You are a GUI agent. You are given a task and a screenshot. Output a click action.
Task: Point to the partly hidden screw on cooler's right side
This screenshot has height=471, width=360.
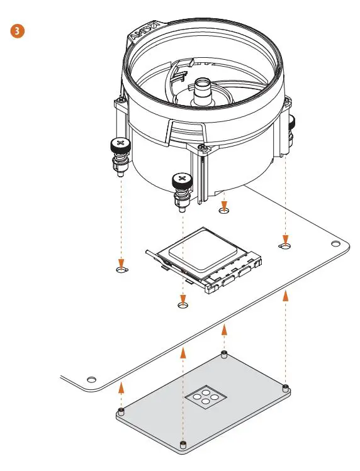click(x=292, y=125)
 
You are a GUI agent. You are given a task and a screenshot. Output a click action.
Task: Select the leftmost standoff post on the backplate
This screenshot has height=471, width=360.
click(x=121, y=411)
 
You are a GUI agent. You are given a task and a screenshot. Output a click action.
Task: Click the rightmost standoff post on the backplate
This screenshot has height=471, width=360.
click(x=286, y=385)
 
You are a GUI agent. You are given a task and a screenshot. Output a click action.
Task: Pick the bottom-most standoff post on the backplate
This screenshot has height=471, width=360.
click(x=183, y=446)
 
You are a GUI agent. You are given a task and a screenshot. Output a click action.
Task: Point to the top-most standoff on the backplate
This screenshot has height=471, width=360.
click(x=223, y=354)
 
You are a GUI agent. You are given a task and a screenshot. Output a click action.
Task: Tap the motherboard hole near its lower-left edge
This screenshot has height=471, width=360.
click(x=92, y=379)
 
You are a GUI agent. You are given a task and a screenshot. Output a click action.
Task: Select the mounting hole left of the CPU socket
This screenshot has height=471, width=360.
click(x=121, y=270)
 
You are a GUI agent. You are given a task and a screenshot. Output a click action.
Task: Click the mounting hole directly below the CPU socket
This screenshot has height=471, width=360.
click(x=183, y=305)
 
